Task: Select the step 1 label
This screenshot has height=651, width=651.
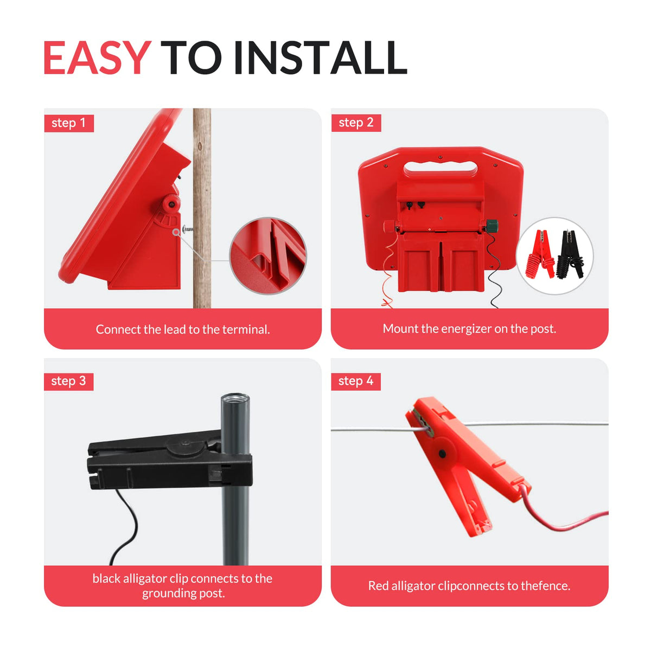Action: (x=69, y=123)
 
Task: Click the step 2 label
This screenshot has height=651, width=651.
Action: (x=356, y=123)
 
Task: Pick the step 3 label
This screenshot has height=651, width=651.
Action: (x=68, y=381)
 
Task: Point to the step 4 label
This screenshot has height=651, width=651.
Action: (x=356, y=381)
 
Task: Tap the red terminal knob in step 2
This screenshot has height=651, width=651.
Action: (x=390, y=226)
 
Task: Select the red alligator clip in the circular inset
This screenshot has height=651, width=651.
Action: (x=541, y=254)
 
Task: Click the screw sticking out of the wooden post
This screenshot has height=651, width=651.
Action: (x=188, y=229)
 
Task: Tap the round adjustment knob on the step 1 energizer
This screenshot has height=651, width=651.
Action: (x=171, y=203)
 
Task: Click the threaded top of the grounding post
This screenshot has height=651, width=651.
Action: (x=235, y=398)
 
